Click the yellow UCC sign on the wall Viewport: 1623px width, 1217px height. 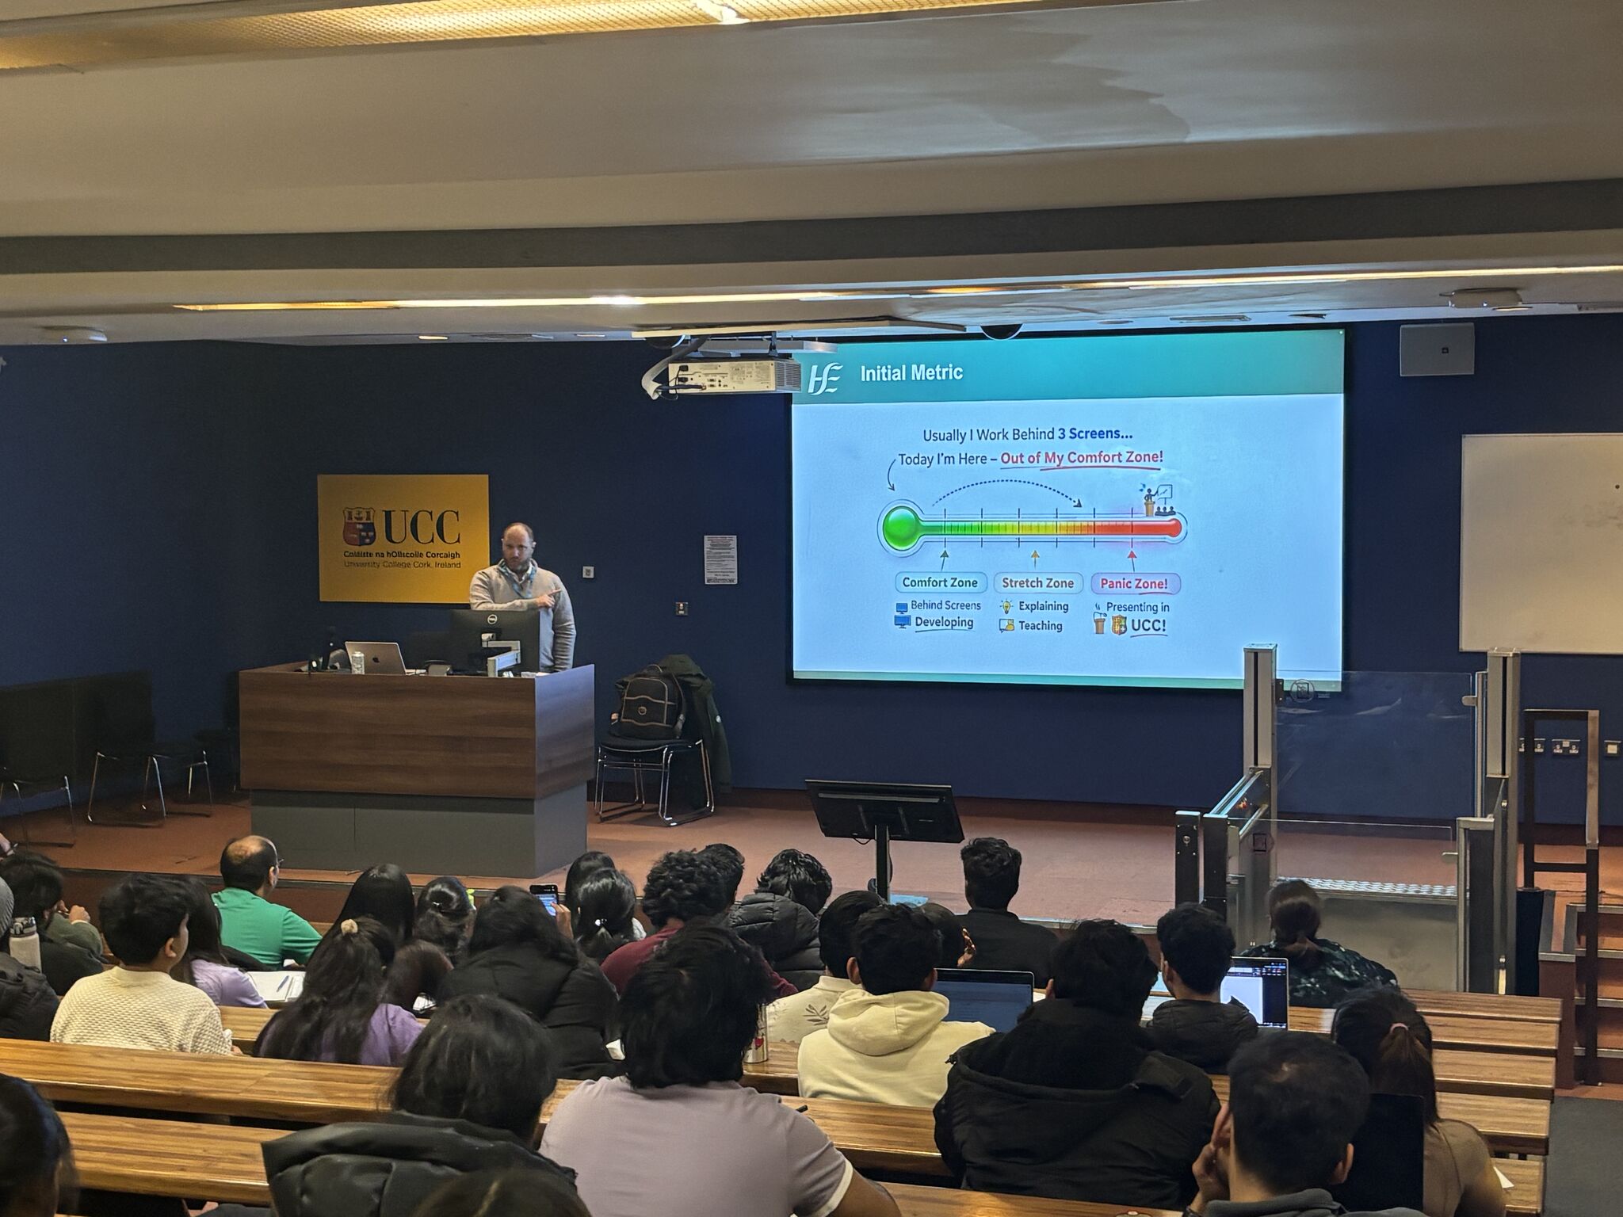pos(403,537)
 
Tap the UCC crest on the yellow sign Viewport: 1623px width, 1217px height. pos(358,525)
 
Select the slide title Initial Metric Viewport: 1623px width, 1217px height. pos(911,372)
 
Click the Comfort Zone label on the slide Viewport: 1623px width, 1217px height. pos(940,582)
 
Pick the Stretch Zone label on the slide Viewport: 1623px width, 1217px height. pos(1037,583)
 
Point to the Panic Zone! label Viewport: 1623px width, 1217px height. pos(1134,584)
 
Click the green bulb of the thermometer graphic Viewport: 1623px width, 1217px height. pos(899,526)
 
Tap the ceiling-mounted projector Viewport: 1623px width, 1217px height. pos(733,375)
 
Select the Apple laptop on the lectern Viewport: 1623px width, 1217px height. pos(376,657)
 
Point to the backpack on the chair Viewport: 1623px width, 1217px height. pos(651,703)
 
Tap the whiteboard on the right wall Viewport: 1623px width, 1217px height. pos(1541,543)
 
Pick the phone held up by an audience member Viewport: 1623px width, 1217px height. pos(545,898)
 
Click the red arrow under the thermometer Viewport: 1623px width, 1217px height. pos(1132,559)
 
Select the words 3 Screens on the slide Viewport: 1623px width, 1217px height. pos(1090,433)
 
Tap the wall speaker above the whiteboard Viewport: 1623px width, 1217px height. pos(1436,349)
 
